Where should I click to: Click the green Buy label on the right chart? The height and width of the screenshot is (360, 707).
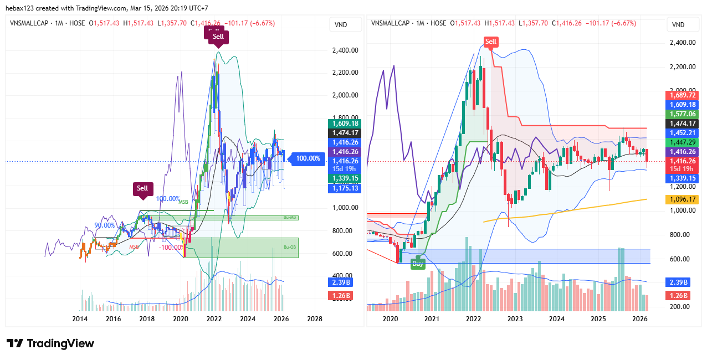click(418, 264)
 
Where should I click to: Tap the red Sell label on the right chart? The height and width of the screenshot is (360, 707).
click(491, 42)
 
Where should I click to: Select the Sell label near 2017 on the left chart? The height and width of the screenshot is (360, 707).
click(143, 188)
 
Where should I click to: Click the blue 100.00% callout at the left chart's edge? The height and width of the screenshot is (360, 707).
click(308, 158)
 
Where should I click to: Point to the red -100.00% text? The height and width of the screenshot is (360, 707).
click(171, 247)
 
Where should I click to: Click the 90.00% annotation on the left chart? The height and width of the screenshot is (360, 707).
click(105, 225)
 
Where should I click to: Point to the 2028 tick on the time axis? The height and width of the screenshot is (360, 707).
click(314, 319)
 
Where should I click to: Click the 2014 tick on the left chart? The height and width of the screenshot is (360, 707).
click(80, 319)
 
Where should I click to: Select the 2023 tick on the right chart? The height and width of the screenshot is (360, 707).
click(515, 319)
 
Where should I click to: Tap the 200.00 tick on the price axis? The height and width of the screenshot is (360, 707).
click(681, 306)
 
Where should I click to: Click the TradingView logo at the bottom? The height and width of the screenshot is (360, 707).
click(50, 343)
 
